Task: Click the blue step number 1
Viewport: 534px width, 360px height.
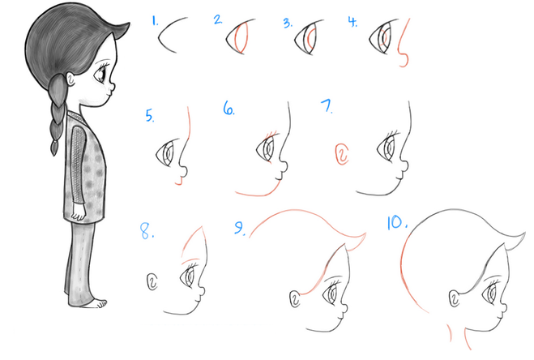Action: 155,21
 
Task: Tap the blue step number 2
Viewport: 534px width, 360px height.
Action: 218,19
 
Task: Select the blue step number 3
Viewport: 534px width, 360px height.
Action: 288,23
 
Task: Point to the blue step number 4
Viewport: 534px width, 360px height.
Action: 352,21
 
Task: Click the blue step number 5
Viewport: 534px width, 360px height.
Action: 150,115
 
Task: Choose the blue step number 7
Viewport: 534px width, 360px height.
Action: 327,106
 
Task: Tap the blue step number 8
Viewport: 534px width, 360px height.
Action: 147,231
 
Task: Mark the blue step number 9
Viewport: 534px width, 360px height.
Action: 240,228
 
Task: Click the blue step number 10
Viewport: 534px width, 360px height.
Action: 397,222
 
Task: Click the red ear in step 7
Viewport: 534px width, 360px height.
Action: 342,154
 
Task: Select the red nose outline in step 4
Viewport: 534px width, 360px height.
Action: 404,43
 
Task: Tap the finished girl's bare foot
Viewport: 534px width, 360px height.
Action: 99,303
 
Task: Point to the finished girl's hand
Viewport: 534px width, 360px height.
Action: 78,215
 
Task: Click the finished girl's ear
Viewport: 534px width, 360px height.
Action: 70,79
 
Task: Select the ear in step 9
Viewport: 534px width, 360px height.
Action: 295,299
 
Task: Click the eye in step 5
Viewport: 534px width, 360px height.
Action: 165,153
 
